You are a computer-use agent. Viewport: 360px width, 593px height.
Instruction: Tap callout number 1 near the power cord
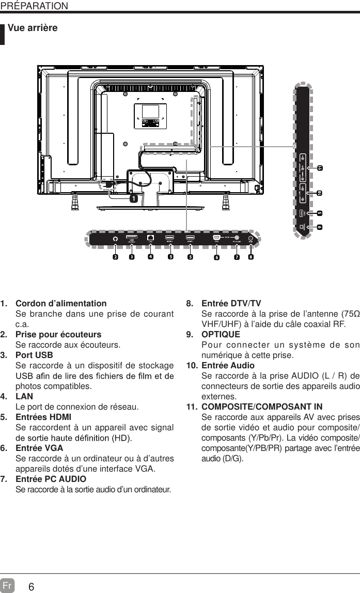pyautogui.click(x=133, y=198)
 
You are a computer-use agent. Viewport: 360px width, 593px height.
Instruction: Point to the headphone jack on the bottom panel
pyautogui.click(x=115, y=239)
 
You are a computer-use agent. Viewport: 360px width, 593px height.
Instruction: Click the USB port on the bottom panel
pyautogui.click(x=132, y=239)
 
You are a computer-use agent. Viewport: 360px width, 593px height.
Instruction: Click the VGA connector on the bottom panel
pyautogui.click(x=217, y=238)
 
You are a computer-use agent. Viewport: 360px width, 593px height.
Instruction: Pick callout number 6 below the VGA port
pyautogui.click(x=217, y=257)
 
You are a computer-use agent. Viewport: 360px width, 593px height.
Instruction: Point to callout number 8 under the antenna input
pyautogui.click(x=251, y=256)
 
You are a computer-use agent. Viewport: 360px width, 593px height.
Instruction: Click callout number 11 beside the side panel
pyautogui.click(x=320, y=168)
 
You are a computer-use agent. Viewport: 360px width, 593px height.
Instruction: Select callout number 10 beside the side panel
pyautogui.click(x=320, y=193)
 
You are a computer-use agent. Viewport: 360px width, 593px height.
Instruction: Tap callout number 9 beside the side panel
pyautogui.click(x=320, y=227)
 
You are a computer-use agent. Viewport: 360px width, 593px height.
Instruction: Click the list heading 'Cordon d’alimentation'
pyautogui.click(x=61, y=303)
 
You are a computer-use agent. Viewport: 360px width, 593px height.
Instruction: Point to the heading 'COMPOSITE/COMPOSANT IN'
pyautogui.click(x=261, y=407)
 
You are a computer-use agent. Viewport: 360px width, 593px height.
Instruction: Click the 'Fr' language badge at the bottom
pyautogui.click(x=7, y=585)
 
